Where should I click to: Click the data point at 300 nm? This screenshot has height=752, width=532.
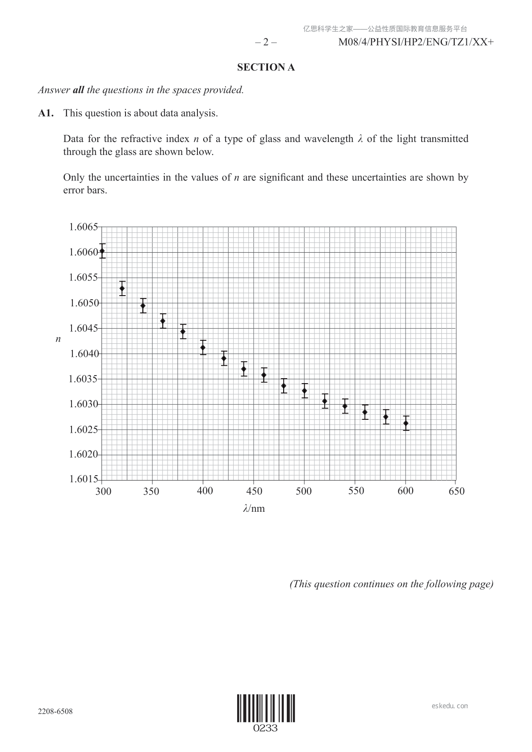click(102, 251)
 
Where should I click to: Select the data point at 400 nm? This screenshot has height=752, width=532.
click(203, 347)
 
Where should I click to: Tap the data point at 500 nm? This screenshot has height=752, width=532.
click(305, 391)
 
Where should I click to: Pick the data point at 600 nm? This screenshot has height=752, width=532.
click(406, 423)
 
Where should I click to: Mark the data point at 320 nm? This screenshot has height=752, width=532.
click(122, 288)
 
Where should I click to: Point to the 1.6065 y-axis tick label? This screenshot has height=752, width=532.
click(83, 227)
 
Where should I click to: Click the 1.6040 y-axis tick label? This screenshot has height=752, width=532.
click(83, 354)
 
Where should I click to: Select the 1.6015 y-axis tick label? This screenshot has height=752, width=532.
click(83, 480)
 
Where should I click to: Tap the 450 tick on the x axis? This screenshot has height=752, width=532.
click(254, 491)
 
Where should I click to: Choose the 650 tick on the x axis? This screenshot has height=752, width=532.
click(457, 491)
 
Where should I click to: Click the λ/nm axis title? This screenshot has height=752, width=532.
click(254, 509)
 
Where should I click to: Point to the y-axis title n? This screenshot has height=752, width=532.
click(58, 339)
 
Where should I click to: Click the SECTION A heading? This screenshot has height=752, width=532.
click(266, 67)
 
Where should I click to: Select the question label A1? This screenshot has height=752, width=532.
click(46, 113)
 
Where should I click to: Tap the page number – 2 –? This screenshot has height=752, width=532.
click(266, 42)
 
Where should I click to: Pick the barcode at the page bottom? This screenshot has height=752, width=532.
click(266, 708)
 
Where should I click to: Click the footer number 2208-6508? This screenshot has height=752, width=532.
click(55, 711)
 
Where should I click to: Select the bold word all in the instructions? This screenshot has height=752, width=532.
click(78, 90)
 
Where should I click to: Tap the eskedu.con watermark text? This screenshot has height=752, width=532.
click(450, 706)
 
